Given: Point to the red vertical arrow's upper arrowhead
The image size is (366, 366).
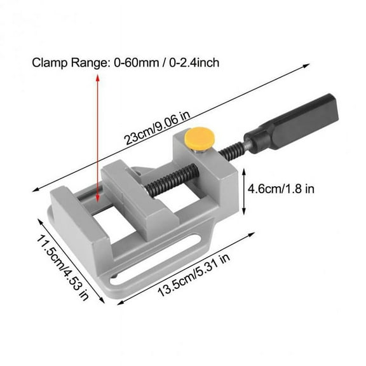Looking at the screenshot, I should [97, 77].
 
